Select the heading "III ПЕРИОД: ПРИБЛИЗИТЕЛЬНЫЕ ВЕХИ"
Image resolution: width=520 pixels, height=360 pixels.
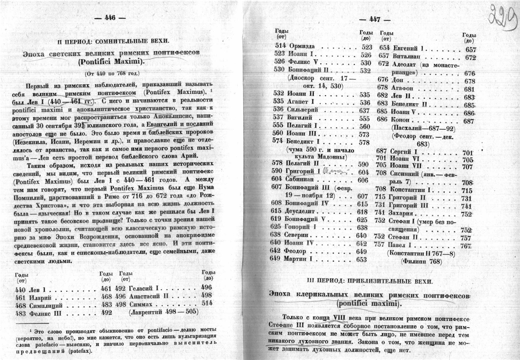pos(370,281)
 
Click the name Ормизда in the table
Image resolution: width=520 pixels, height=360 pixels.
pos(302,47)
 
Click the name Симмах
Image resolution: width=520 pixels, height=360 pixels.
pos(142,304)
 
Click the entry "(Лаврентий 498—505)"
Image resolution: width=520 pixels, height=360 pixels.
pos(164,312)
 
